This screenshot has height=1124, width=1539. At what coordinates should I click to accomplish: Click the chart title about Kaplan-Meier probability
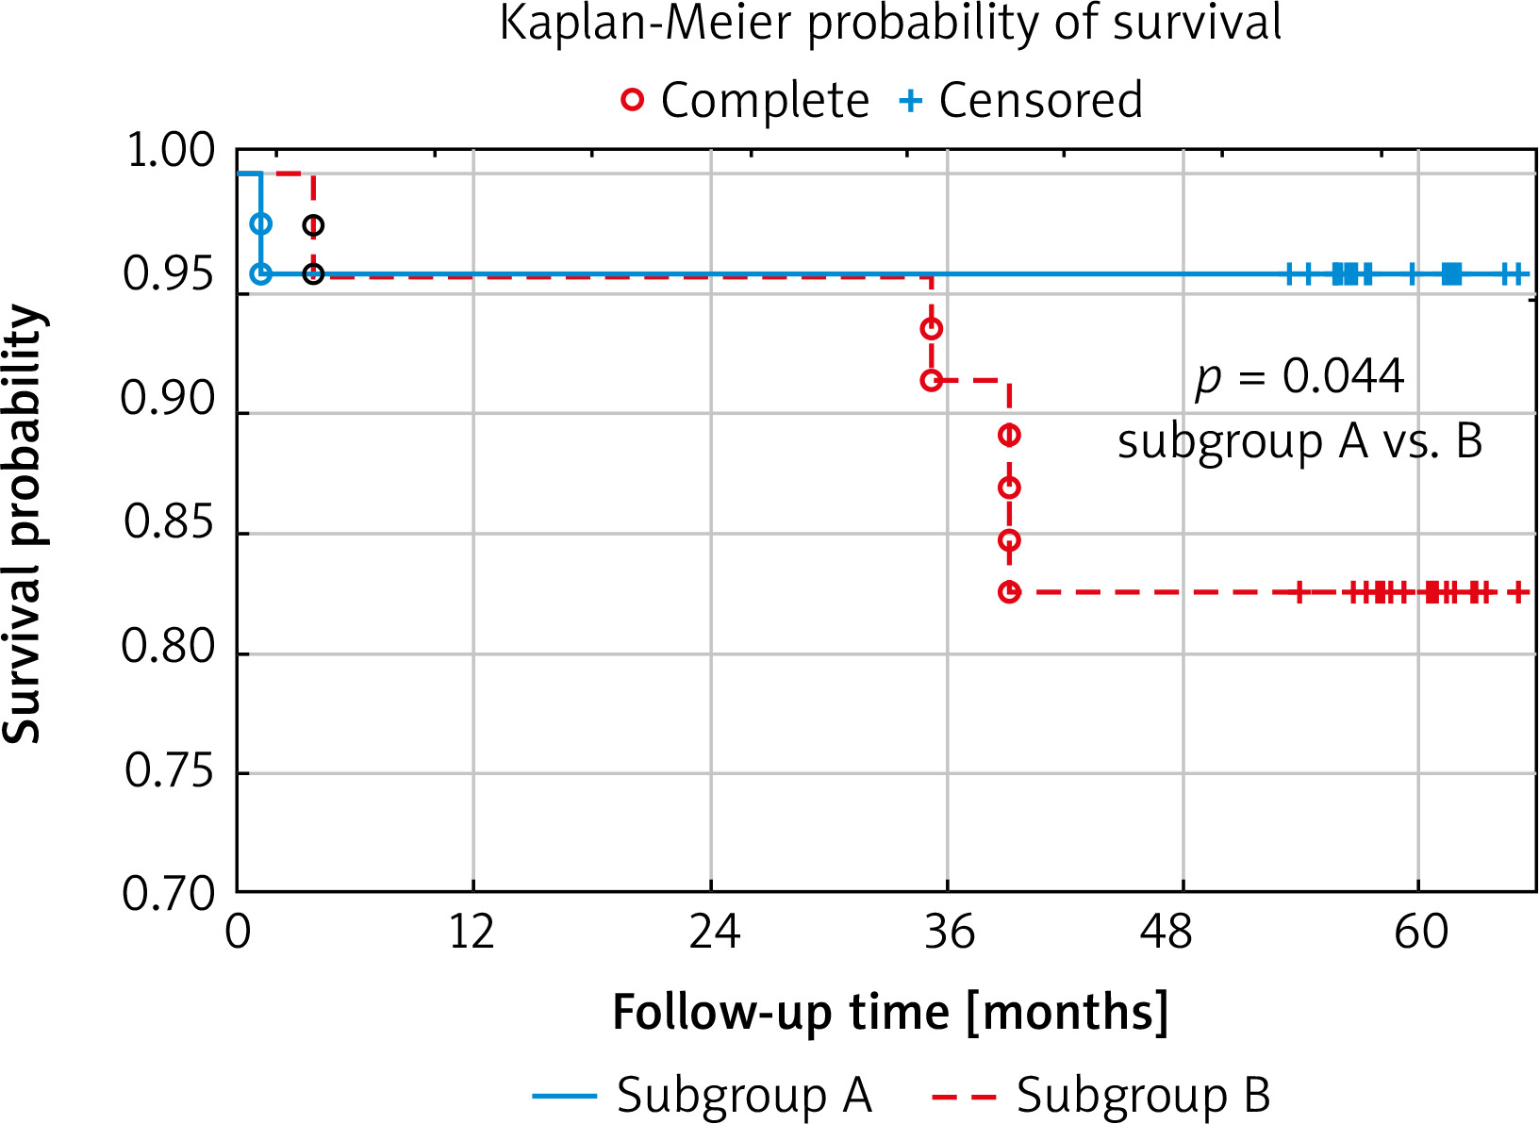click(x=889, y=23)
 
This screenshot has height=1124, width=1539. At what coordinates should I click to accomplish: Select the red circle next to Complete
click(x=632, y=99)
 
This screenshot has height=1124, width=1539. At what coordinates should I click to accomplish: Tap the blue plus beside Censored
click(x=910, y=100)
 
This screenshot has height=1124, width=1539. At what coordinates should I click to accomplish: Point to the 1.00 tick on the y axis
click(x=171, y=151)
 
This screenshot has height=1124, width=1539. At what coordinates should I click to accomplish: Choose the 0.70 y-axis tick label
click(x=170, y=893)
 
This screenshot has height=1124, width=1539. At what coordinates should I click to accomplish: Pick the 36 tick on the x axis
click(x=949, y=933)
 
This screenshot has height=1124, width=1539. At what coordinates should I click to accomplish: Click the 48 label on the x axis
click(x=1167, y=933)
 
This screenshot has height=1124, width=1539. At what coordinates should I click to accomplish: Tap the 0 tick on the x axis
click(x=239, y=933)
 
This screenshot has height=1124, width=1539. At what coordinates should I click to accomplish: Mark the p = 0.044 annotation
click(x=1299, y=377)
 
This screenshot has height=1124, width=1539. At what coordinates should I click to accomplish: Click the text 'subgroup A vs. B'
click(x=1299, y=440)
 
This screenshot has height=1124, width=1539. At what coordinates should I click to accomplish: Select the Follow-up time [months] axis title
click(x=890, y=1012)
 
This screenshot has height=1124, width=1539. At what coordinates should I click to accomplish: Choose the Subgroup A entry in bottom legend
click(x=703, y=1096)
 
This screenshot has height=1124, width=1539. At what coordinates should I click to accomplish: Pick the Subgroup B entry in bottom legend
click(x=1101, y=1096)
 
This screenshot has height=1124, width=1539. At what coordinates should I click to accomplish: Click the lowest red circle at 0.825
click(x=1009, y=592)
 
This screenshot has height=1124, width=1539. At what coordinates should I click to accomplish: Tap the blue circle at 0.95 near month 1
click(x=261, y=273)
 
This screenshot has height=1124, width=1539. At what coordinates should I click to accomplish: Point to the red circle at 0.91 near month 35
click(x=932, y=380)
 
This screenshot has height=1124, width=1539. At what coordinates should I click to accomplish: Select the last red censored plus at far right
click(x=1517, y=592)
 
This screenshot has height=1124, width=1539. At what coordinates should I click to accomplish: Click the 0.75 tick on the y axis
click(x=170, y=771)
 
